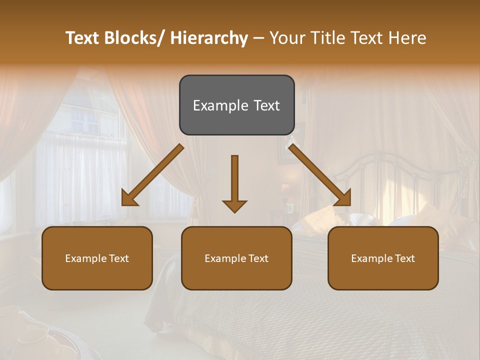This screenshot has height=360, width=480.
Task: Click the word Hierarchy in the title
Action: [x=209, y=38]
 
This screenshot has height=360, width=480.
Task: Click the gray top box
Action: [x=236, y=105]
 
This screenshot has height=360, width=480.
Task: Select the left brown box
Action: [x=97, y=258]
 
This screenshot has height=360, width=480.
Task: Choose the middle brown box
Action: [x=236, y=258]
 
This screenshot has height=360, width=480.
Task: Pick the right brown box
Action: [x=383, y=258]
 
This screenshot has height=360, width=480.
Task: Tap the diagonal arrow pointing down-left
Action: [x=152, y=175]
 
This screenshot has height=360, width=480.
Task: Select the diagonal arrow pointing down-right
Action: [x=320, y=175]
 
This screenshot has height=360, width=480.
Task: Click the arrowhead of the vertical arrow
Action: [x=234, y=206]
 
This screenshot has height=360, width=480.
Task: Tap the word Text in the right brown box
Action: [x=404, y=258]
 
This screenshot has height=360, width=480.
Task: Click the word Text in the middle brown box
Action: [x=257, y=258]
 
